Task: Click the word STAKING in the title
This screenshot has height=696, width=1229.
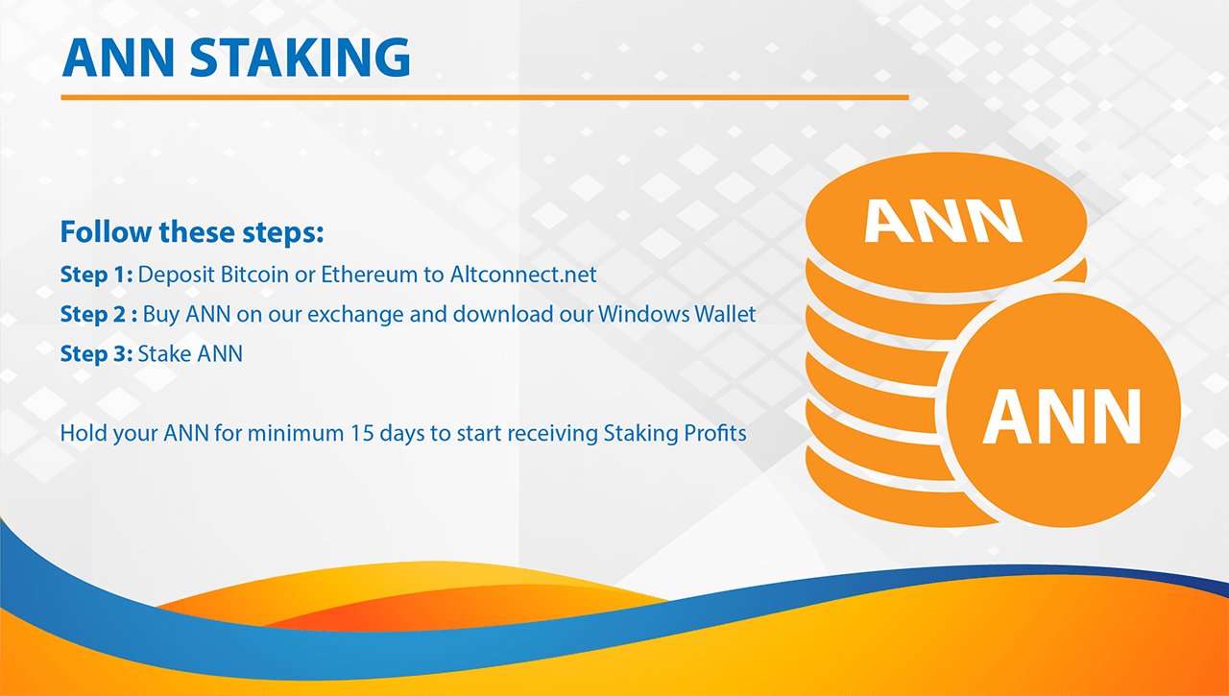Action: tap(301, 57)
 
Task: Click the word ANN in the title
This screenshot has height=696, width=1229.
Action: tap(118, 57)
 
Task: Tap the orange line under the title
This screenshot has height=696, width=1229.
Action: tap(485, 98)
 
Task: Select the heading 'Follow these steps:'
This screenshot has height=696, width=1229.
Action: tap(192, 232)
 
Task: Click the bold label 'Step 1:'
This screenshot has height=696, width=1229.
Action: tap(96, 275)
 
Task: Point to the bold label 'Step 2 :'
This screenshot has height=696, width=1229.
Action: tap(99, 314)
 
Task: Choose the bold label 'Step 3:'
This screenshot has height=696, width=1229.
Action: tap(96, 353)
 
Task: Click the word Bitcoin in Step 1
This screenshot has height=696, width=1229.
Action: tap(254, 275)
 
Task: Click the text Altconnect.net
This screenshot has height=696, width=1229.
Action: tap(523, 275)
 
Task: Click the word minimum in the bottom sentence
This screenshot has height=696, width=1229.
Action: tap(296, 433)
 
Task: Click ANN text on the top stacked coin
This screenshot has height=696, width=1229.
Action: tap(943, 221)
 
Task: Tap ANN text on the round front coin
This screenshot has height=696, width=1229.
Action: tap(1062, 417)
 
